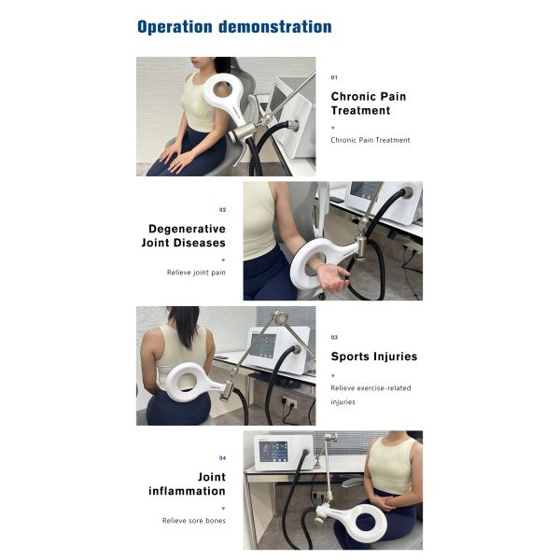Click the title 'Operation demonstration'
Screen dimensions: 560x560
(233, 26)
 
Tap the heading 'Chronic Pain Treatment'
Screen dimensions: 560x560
(369, 103)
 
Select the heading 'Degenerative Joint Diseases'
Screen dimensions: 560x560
(187, 235)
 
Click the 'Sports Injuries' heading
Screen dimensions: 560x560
(373, 356)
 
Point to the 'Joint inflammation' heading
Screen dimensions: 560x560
(187, 483)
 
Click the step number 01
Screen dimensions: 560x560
(334, 77)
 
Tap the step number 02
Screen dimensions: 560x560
(222, 210)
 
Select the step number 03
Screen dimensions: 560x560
(334, 337)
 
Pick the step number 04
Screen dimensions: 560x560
(222, 458)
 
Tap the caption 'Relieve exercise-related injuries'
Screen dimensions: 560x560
(371, 395)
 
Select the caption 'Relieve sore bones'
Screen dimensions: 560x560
(193, 520)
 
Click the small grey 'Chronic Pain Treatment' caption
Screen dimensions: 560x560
(370, 140)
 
